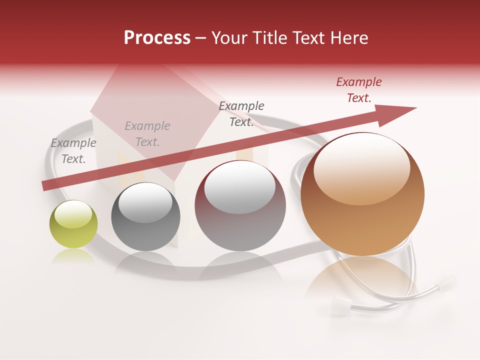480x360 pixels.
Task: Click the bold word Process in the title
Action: pos(157,38)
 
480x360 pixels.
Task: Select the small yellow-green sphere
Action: pos(73,224)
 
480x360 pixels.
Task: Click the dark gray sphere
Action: pos(145,217)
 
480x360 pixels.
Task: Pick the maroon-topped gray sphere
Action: pos(240,206)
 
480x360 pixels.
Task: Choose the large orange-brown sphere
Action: pos(362,194)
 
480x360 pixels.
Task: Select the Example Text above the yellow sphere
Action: pos(73,151)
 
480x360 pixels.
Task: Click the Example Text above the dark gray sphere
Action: pos(147,134)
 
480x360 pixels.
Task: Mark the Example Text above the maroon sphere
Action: pos(241,114)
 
